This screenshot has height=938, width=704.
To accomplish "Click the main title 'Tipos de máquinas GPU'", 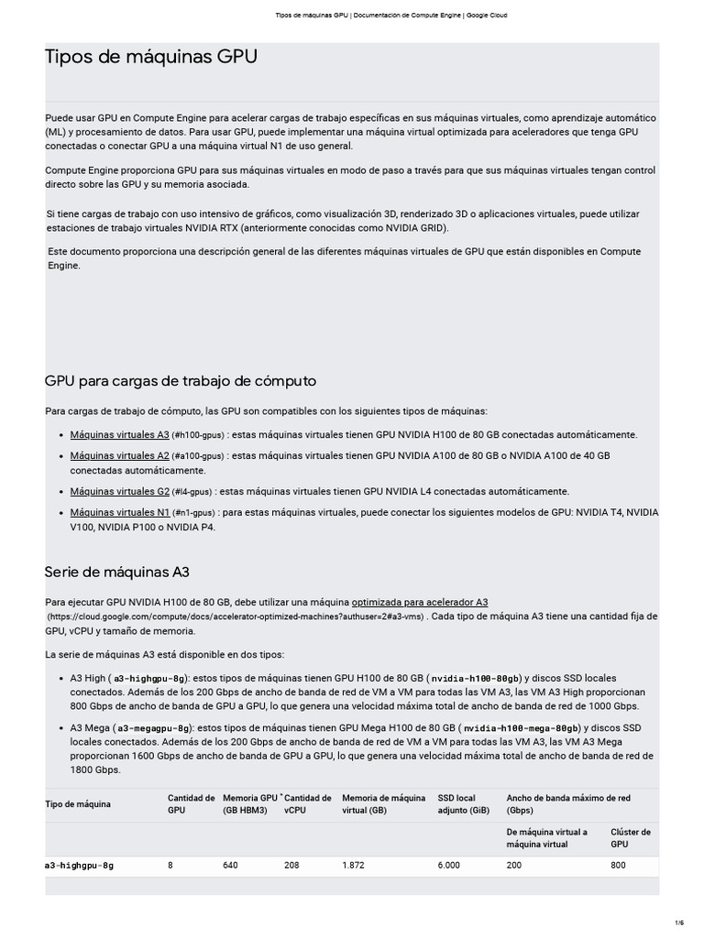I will click(x=151, y=58).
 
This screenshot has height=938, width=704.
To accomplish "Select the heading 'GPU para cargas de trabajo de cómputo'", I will click(x=181, y=380).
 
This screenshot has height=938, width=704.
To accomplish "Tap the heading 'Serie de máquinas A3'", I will click(x=116, y=572).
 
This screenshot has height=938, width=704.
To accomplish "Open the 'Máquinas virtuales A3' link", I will click(x=120, y=434).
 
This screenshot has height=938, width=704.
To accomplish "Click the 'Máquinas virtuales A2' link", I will click(x=120, y=455).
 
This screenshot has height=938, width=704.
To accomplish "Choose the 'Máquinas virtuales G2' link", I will click(x=120, y=491).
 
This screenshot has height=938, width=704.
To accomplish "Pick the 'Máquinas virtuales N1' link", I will click(x=120, y=512).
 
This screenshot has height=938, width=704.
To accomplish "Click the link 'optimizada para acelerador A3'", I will click(x=420, y=602).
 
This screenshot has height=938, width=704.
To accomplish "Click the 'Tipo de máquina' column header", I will click(x=78, y=804).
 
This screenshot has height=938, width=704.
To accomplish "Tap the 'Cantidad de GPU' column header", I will click(x=191, y=804).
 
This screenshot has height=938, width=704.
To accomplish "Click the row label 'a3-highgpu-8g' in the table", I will click(x=80, y=865).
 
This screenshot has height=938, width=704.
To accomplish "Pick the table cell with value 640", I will click(x=230, y=865).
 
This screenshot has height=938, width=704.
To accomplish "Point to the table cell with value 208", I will click(x=291, y=865).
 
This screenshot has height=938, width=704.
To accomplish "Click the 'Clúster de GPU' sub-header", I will click(x=631, y=838).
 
